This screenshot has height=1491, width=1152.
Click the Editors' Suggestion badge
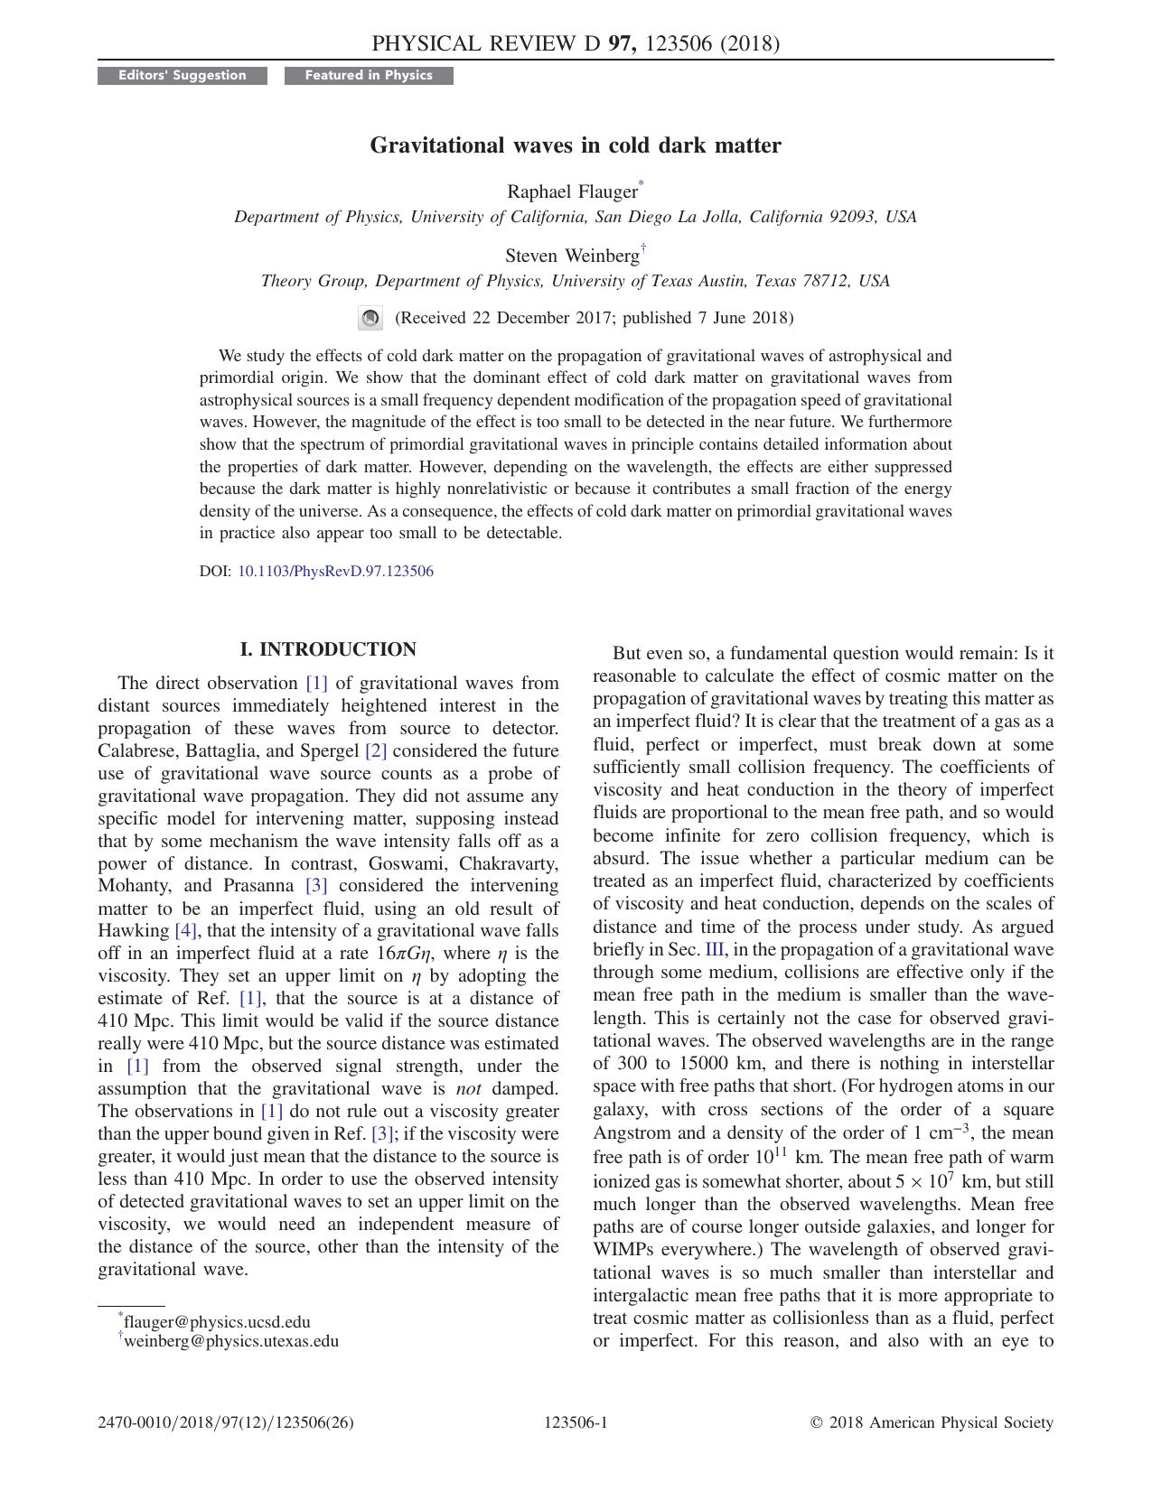(x=183, y=76)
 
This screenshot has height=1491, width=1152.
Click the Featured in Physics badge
(x=369, y=76)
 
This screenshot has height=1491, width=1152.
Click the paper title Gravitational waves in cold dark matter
(x=576, y=145)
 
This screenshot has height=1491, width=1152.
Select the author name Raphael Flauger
(x=572, y=191)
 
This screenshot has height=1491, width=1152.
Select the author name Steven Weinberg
(x=572, y=256)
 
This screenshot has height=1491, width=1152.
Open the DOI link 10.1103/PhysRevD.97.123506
(x=335, y=571)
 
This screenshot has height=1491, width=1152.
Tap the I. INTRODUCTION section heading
(x=328, y=649)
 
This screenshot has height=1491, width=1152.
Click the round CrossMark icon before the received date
(x=370, y=318)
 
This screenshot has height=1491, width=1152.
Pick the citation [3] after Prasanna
(x=316, y=886)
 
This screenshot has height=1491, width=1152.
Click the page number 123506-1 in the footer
(x=576, y=1423)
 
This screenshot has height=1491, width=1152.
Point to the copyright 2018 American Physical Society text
(x=932, y=1423)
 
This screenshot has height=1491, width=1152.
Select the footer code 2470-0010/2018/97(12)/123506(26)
(x=226, y=1423)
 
